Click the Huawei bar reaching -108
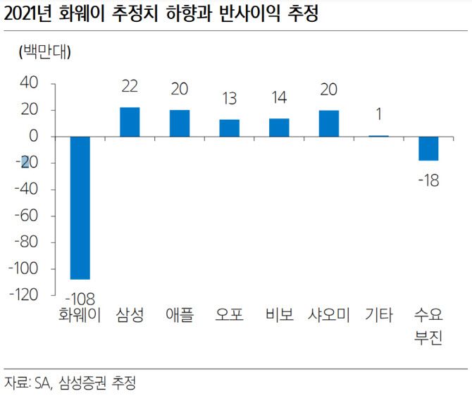(x=80, y=208)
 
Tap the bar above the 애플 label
(x=180, y=123)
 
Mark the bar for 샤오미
(x=329, y=123)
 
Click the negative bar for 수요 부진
(x=428, y=149)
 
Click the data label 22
(x=130, y=89)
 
